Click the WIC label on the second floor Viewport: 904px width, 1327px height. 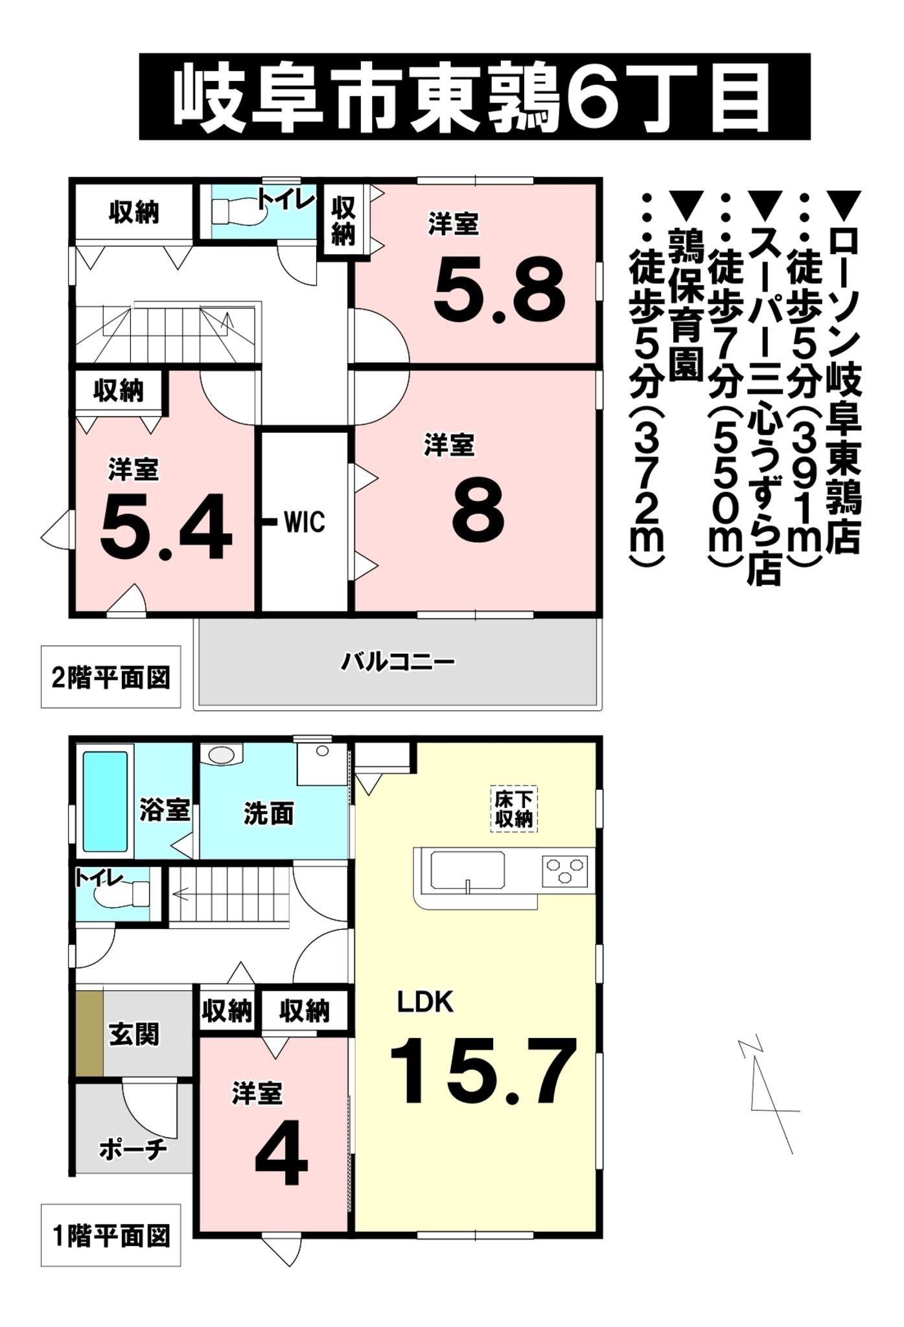pyautogui.click(x=304, y=522)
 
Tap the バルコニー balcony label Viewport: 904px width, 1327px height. pyautogui.click(x=398, y=662)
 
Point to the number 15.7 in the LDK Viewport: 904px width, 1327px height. pyautogui.click(x=483, y=1071)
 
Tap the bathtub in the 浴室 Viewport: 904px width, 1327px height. pyautogui.click(x=105, y=801)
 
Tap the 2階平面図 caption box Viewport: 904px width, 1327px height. pyautogui.click(x=111, y=677)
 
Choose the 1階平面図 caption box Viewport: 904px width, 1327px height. pyautogui.click(x=111, y=1235)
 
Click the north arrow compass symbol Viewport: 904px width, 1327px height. pyautogui.click(x=768, y=1095)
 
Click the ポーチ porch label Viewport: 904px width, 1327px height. pyautogui.click(x=133, y=1149)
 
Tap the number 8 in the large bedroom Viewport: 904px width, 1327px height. pyautogui.click(x=478, y=514)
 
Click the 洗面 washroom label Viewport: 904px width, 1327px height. pyautogui.click(x=268, y=814)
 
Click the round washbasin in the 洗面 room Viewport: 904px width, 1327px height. pyautogui.click(x=222, y=755)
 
